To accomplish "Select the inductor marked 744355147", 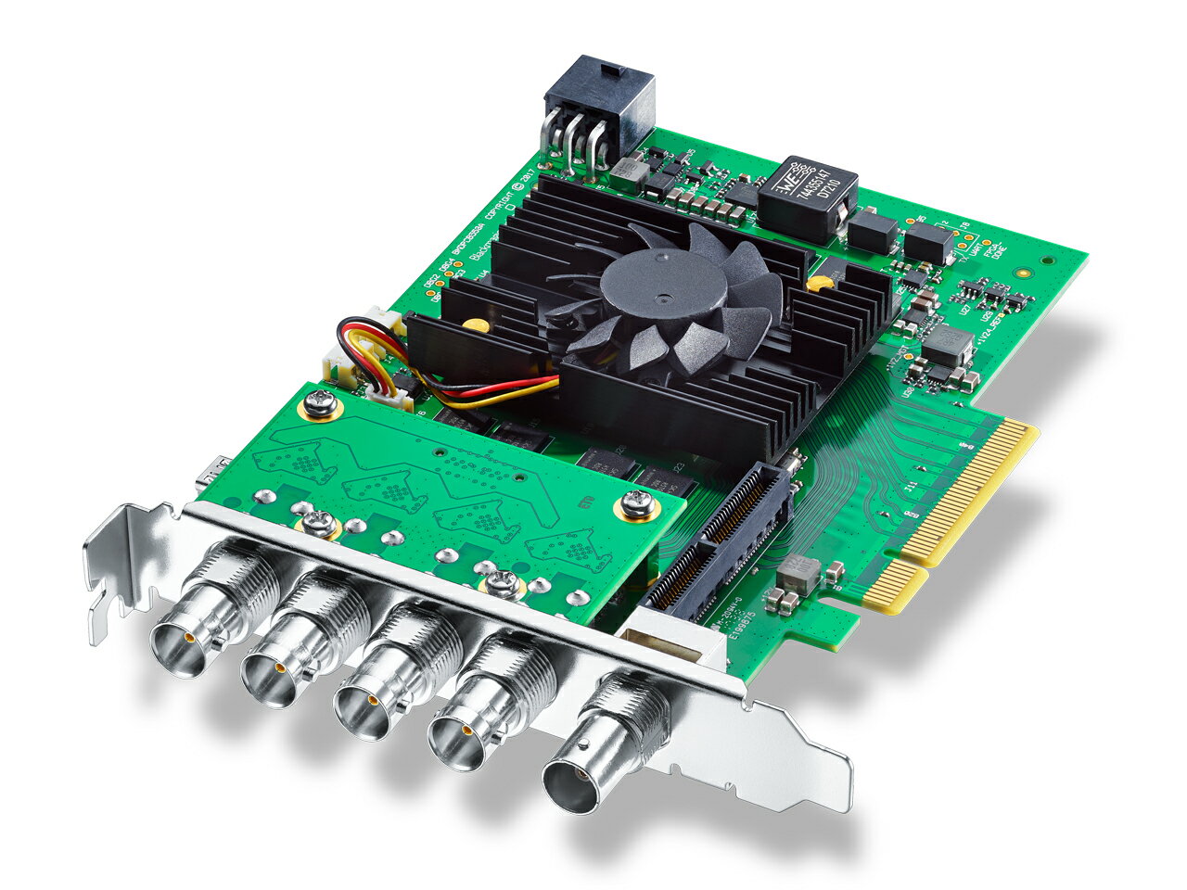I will click(x=800, y=196).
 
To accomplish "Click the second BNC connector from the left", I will click(x=283, y=657).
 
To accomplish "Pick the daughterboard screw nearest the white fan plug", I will click(x=321, y=402).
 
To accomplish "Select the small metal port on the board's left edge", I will click(x=205, y=472).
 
